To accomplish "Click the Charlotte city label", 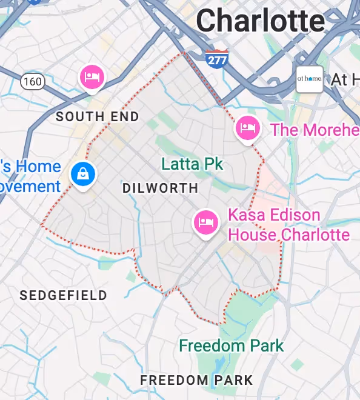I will [260, 21].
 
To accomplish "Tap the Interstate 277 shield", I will [216, 59].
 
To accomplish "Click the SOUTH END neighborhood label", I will [98, 116].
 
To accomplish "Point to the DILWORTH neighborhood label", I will [160, 188].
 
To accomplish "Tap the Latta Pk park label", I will [192, 164].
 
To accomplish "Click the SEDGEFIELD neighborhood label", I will [63, 295].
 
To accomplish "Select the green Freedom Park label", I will [231, 346].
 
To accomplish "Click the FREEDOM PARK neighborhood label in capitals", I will [196, 380].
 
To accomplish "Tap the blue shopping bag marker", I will [84, 175].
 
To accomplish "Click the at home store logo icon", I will [309, 79].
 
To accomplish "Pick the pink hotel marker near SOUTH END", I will [92, 76].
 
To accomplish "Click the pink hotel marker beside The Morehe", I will [247, 127].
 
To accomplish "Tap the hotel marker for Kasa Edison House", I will [205, 222].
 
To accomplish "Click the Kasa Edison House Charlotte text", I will [288, 224].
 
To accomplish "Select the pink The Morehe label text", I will [315, 130].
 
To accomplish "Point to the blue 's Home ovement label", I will [30, 176].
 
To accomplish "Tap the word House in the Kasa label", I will [252, 234].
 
